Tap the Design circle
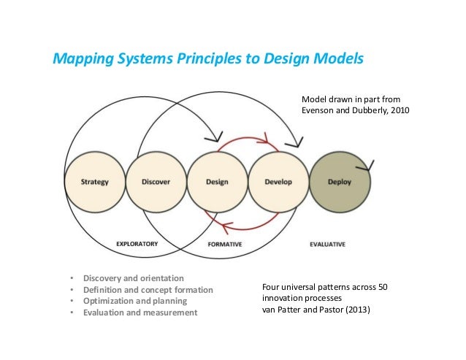[216, 182]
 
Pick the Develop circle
[278, 182]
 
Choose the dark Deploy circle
[339, 182]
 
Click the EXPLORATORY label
[137, 244]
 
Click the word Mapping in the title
[77, 58]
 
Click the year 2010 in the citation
[399, 111]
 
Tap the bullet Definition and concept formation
[148, 290]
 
